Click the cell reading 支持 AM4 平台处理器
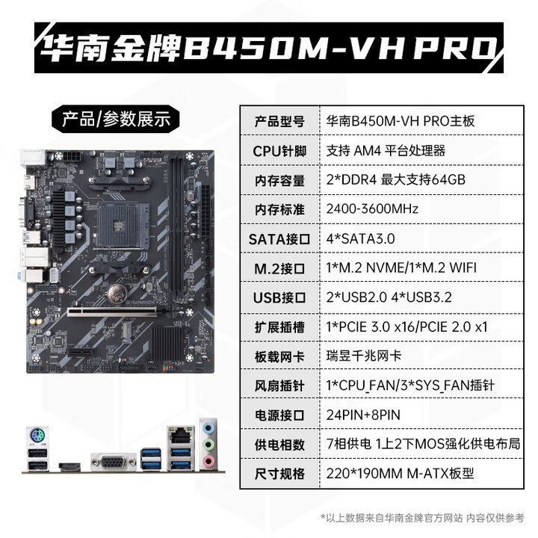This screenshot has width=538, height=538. click(386, 150)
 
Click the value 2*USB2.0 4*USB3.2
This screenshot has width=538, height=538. click(390, 297)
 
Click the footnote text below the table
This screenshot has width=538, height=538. click(421, 518)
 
